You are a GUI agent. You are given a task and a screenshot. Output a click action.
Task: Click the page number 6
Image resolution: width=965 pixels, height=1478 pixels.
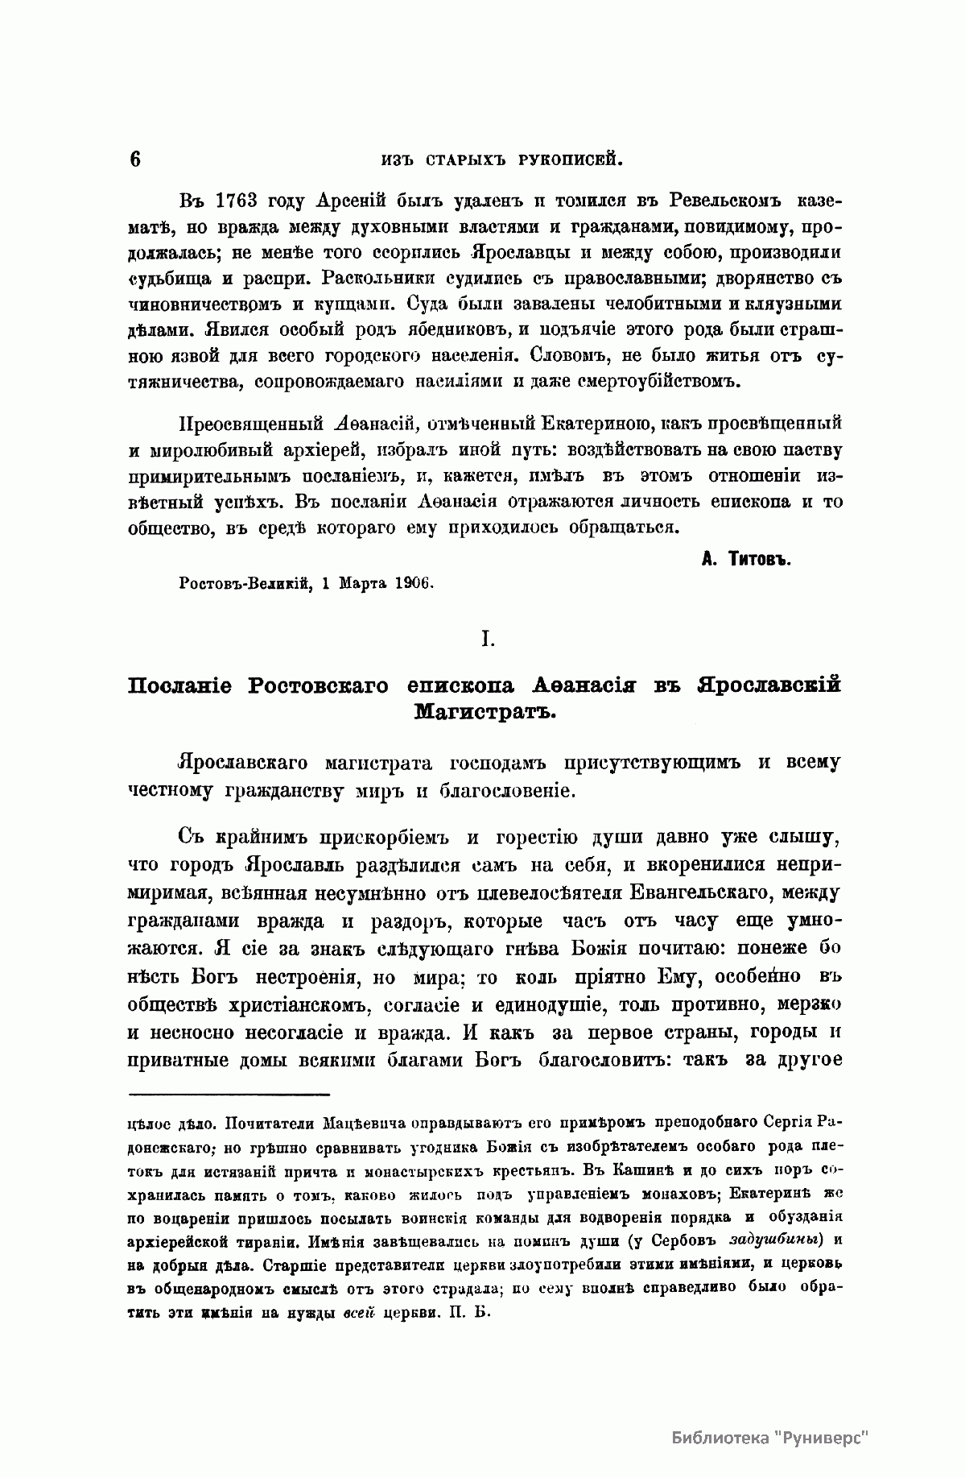coord(134,159)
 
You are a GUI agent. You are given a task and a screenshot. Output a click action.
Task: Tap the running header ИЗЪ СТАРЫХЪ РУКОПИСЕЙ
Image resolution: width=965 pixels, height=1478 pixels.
coord(502,159)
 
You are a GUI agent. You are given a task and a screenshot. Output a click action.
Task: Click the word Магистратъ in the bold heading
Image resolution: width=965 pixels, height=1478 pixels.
coord(485,712)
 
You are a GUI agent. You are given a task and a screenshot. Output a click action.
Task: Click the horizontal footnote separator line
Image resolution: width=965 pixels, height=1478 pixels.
coord(229,1095)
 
